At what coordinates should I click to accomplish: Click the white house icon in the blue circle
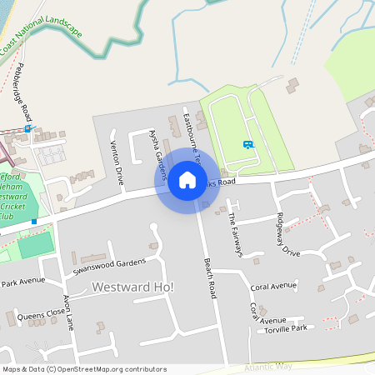187,180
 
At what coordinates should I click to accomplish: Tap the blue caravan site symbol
247,144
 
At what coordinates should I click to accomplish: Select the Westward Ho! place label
133,287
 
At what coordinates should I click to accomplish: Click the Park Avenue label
22,282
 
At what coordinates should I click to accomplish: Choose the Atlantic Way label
268,365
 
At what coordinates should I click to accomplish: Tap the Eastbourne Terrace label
192,135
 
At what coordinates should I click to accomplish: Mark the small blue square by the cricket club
34,222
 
